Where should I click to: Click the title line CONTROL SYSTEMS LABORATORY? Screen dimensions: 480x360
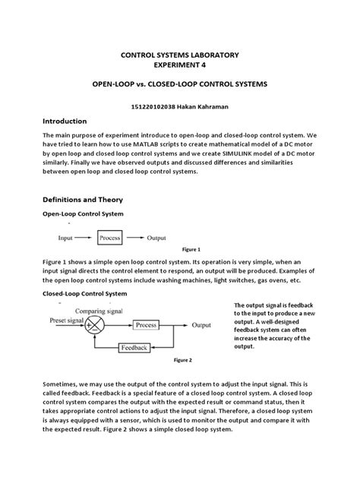pyautogui.click(x=180, y=55)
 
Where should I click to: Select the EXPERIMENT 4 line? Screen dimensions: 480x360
pyautogui.click(x=180, y=66)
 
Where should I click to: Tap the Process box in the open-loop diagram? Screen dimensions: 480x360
pyautogui.click(x=111, y=238)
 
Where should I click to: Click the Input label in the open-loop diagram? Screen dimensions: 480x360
pyautogui.click(x=66, y=238)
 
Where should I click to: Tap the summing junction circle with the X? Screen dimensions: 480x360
pyautogui.click(x=96, y=325)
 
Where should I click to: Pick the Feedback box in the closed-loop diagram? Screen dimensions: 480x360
pyautogui.click(x=135, y=347)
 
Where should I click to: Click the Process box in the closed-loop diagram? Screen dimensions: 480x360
pyautogui.click(x=146, y=325)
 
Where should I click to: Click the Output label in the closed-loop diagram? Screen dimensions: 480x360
pyautogui.click(x=202, y=325)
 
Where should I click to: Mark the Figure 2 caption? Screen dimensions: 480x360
pyautogui.click(x=183, y=360)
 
